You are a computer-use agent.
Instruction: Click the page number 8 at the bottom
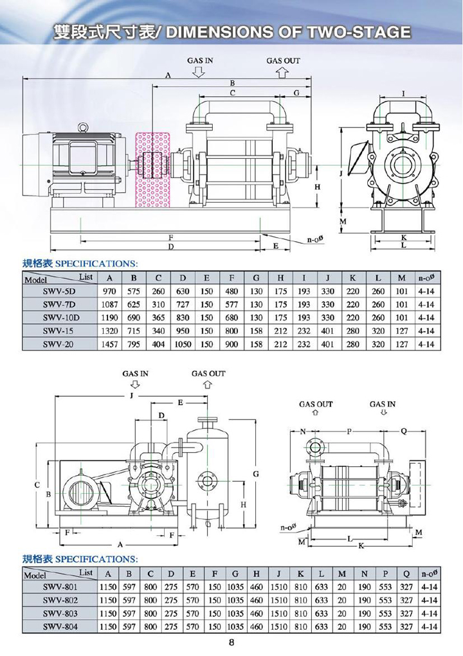(x=231, y=641)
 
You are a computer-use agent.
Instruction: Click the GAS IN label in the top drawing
(x=200, y=60)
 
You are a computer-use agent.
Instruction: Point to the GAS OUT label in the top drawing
(x=283, y=60)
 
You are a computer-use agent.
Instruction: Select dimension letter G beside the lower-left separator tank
(x=256, y=474)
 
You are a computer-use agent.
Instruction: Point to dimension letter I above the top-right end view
(x=403, y=94)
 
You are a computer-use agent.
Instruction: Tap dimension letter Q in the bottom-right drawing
(x=403, y=430)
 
